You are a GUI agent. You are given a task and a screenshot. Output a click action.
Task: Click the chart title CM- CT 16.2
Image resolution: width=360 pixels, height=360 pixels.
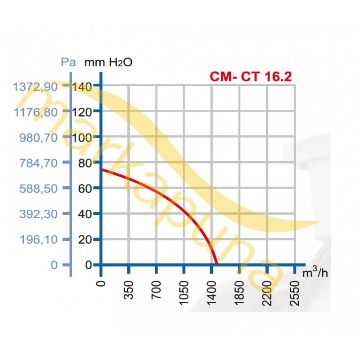[251, 76]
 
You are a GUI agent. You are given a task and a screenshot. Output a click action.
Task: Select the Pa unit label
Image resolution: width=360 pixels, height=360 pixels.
[68, 62]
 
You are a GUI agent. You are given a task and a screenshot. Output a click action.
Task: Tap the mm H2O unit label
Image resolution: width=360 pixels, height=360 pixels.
[108, 62]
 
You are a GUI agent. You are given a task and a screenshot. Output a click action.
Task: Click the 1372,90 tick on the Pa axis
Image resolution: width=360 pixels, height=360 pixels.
[36, 86]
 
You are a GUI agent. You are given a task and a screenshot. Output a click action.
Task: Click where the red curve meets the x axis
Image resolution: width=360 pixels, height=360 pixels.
[217, 264]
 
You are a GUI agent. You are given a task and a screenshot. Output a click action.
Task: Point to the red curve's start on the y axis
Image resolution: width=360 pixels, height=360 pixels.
[102, 169]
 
